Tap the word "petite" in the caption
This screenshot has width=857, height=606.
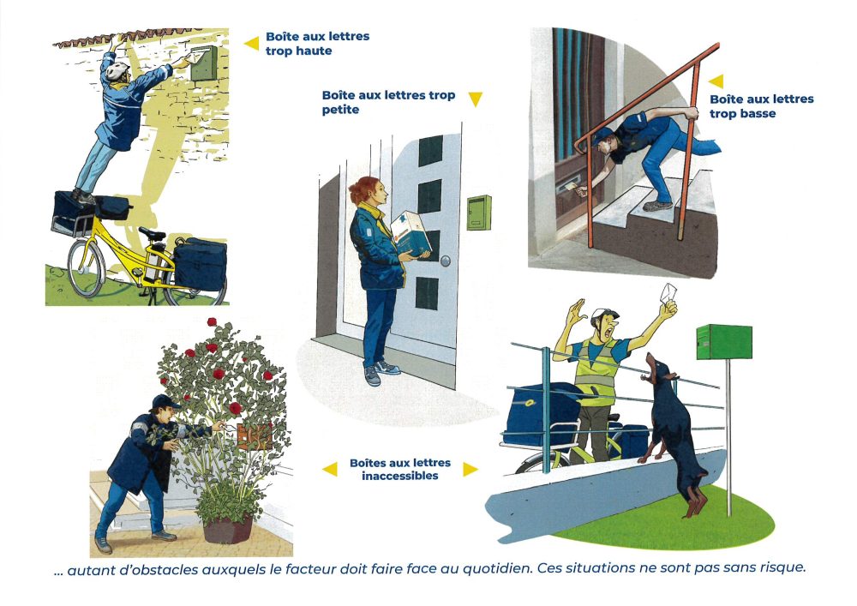tap(340, 110)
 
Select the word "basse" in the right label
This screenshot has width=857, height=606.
tap(758, 114)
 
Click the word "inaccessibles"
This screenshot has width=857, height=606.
tap(400, 476)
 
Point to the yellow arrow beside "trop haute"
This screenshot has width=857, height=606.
tap(251, 43)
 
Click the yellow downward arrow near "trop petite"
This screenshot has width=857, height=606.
tap(476, 99)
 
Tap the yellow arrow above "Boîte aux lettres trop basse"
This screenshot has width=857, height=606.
tap(716, 81)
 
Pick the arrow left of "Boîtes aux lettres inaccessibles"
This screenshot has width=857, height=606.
tap(330, 469)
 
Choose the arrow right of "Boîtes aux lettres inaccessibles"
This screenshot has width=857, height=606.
tap(470, 469)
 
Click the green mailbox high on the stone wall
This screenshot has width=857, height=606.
tap(205, 63)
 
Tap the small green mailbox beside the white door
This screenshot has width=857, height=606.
tap(479, 213)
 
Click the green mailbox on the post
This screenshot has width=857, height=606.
tap(724, 342)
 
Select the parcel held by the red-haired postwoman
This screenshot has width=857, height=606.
tap(411, 233)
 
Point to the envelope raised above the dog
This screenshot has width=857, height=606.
tap(668, 293)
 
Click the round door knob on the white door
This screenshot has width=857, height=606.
tap(446, 261)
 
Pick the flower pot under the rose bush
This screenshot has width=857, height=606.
tap(228, 529)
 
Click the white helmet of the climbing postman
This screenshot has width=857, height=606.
tap(117, 70)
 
